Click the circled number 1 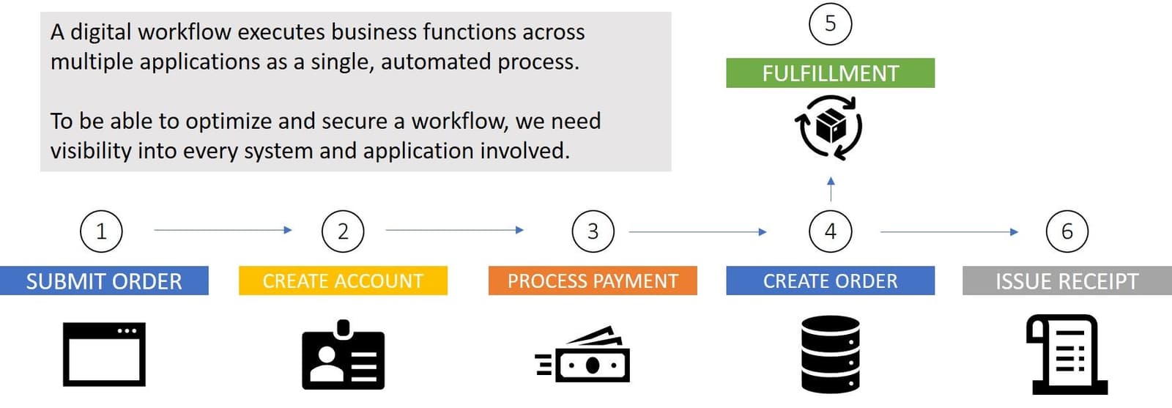point(101,231)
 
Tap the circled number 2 point(343,231)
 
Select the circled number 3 point(593,231)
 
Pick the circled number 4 point(830,231)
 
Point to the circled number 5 point(830,23)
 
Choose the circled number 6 point(1067,231)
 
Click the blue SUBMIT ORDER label point(104,281)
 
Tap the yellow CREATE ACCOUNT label point(343,281)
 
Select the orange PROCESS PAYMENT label point(593,281)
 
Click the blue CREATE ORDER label point(830,281)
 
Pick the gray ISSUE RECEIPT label point(1067,281)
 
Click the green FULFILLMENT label point(830,73)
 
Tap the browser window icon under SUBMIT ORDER point(104,354)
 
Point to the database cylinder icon point(830,355)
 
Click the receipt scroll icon point(1067,355)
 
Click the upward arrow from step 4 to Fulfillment point(830,189)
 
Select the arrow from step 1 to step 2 point(223,230)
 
